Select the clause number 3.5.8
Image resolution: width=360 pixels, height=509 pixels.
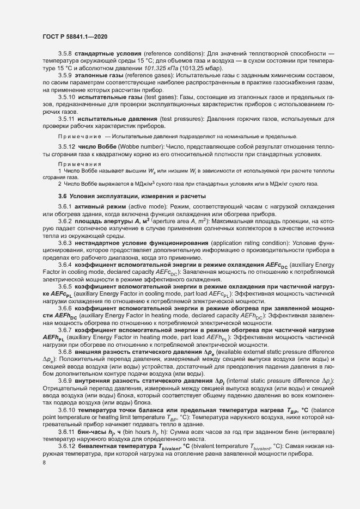pos(65,55)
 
